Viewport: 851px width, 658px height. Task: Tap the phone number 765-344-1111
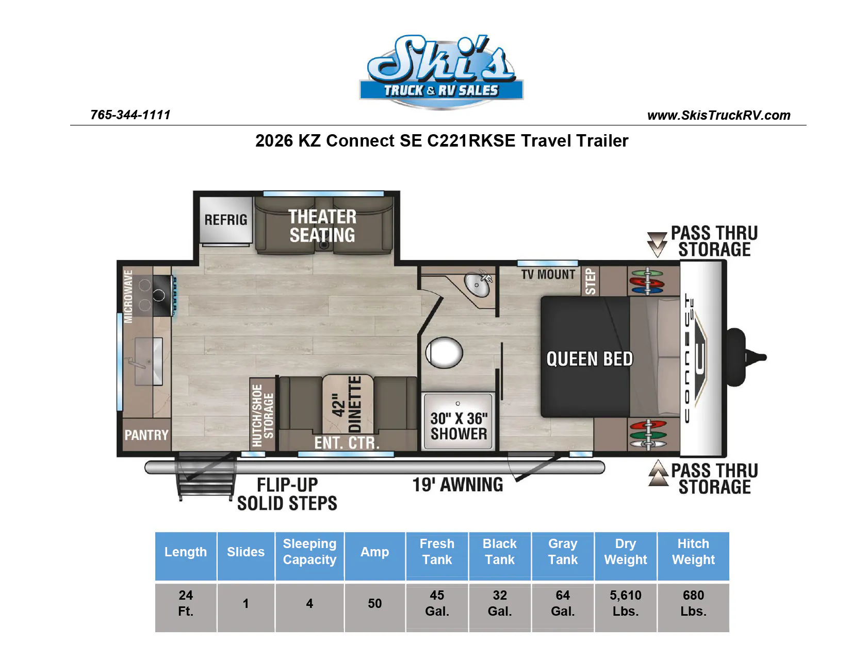[x=130, y=115]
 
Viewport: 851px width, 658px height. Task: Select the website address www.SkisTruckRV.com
[x=718, y=115]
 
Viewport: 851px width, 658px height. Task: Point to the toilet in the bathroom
[x=444, y=352]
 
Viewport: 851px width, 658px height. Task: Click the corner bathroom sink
[x=478, y=284]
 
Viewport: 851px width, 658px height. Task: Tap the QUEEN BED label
[x=590, y=359]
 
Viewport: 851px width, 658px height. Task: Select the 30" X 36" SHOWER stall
[x=458, y=422]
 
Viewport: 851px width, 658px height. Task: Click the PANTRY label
[x=146, y=435]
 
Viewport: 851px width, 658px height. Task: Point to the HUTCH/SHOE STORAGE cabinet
[x=263, y=415]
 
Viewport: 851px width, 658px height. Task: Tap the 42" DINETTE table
[x=348, y=404]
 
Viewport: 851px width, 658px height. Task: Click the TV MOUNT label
[x=548, y=275]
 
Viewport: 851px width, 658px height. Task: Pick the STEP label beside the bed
[x=590, y=281]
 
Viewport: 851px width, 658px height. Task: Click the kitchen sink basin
[x=149, y=361]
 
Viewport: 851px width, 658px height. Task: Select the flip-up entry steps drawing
[x=206, y=476]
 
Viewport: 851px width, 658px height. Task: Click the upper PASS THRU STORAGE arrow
[x=657, y=244]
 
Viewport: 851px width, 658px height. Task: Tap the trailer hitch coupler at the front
[x=746, y=357]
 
